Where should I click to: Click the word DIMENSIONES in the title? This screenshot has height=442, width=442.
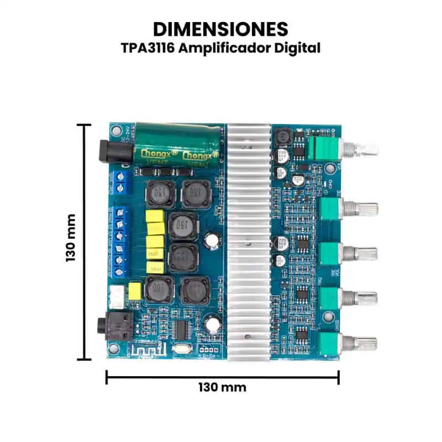tap(220, 28)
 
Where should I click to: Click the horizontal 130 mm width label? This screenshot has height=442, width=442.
tap(222, 387)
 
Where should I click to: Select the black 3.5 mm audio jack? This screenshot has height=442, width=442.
tap(111, 327)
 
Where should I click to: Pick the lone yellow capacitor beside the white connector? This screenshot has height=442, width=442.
tap(135, 291)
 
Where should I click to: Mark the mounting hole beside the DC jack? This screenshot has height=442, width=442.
tap(115, 131)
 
